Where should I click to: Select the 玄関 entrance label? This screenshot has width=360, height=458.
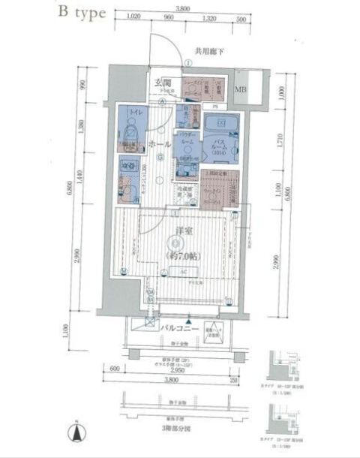164,83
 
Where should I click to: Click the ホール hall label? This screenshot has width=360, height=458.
158,143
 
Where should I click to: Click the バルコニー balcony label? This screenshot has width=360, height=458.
178,329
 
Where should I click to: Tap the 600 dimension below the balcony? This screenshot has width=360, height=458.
113,369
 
